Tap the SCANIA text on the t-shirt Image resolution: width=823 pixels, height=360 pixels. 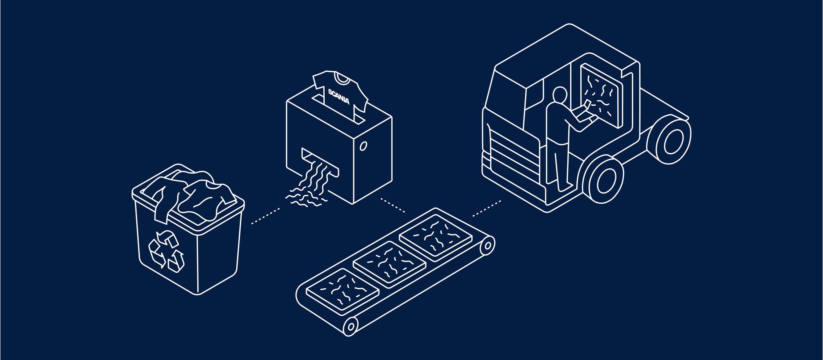click(339, 96)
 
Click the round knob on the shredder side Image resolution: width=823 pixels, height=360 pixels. click(363, 146)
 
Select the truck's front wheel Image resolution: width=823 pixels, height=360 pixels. click(603, 179)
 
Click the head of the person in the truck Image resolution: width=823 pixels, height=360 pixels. click(560, 95)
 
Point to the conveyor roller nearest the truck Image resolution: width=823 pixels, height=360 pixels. click(488, 245)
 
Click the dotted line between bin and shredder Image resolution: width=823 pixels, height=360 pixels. click(266, 216)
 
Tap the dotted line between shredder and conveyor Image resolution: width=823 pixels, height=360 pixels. click(393, 205)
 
